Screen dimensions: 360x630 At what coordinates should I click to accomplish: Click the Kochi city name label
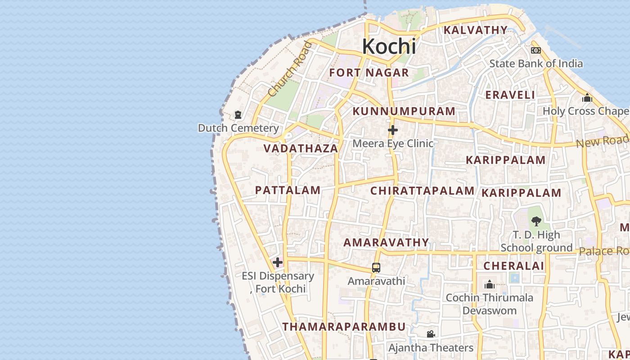click(389, 46)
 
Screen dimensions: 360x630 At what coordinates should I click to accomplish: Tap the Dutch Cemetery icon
click(238, 115)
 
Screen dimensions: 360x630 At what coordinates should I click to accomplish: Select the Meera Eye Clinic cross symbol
click(393, 130)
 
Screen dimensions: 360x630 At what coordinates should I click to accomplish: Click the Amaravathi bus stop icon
click(376, 268)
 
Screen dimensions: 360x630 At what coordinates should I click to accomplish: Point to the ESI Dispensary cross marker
click(278, 262)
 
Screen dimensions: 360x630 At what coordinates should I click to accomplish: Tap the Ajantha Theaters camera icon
click(431, 334)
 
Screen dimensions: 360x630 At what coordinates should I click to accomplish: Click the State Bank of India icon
click(535, 50)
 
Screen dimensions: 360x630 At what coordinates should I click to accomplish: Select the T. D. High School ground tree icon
click(536, 221)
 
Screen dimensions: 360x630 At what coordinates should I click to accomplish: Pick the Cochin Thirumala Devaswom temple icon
click(490, 284)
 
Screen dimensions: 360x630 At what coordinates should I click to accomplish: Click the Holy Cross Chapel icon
click(587, 98)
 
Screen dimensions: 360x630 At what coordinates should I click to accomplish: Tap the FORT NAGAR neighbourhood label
click(369, 72)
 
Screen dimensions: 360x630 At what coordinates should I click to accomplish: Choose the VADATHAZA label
click(301, 148)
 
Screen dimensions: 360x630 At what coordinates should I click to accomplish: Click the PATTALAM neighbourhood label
click(288, 190)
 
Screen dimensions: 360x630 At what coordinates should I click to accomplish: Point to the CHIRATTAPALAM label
click(422, 191)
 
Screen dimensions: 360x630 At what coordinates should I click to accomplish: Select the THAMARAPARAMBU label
click(344, 327)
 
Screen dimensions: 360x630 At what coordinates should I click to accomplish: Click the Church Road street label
click(289, 69)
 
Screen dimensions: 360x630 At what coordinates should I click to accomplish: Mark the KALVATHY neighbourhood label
click(476, 30)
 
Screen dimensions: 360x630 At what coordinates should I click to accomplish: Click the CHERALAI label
click(513, 265)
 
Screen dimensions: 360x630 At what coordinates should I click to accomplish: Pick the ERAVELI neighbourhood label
click(510, 95)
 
